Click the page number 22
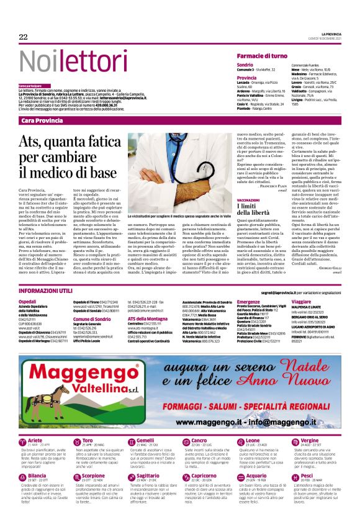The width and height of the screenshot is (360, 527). (x=23, y=37)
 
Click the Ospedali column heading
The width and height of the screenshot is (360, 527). (x=29, y=300)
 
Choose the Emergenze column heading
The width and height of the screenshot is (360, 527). (x=248, y=300)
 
